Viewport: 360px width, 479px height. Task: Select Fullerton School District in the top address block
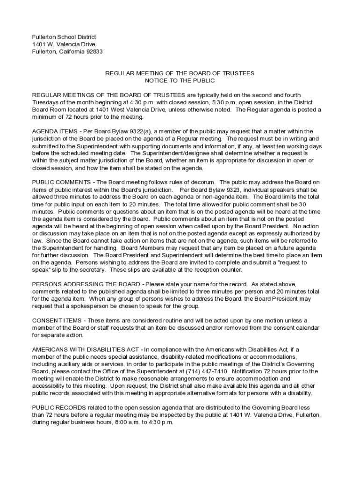point(64,36)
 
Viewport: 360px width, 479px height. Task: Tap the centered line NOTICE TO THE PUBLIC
point(180,80)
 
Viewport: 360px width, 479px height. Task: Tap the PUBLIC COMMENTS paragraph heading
point(61,182)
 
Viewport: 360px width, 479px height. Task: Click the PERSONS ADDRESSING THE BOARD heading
point(86,284)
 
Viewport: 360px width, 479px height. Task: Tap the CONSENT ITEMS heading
point(57,320)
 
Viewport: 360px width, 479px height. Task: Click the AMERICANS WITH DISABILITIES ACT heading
point(85,349)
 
